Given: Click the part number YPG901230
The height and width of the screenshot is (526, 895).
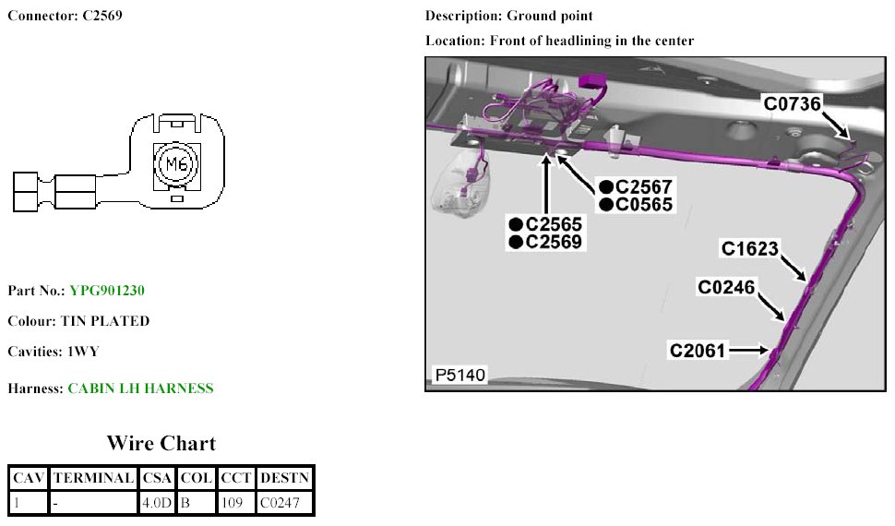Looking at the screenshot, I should (107, 291).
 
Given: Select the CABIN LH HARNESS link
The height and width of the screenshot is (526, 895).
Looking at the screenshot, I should (140, 389).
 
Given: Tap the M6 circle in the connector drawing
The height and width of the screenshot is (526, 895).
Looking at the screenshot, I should (175, 165).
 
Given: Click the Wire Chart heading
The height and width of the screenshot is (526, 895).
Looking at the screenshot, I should (161, 443).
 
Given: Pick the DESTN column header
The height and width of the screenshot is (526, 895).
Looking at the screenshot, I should (285, 478).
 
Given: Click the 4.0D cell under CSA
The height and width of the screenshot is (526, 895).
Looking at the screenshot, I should (156, 503).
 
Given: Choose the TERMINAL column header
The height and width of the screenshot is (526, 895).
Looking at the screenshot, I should (92, 478).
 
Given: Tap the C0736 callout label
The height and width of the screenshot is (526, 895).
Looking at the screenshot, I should (792, 103).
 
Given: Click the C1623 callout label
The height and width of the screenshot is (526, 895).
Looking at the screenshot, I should (750, 248).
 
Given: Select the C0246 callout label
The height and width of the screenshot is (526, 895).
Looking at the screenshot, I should (726, 288).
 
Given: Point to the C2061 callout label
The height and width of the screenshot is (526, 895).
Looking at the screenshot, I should (698, 351).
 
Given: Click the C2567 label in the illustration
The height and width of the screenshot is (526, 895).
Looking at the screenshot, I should (643, 186).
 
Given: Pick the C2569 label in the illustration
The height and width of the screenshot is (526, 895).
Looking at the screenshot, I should (554, 242).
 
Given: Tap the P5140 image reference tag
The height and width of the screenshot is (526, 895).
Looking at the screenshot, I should (459, 376).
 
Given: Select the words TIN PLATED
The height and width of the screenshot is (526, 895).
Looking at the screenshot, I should (105, 321).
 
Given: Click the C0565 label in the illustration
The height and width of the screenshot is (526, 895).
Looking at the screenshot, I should (643, 205).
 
